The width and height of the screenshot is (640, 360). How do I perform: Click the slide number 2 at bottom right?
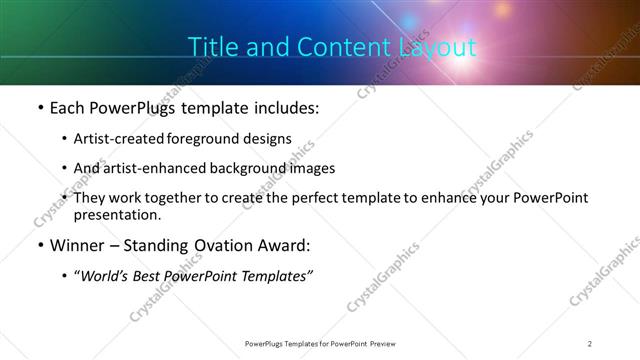pos(590,343)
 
